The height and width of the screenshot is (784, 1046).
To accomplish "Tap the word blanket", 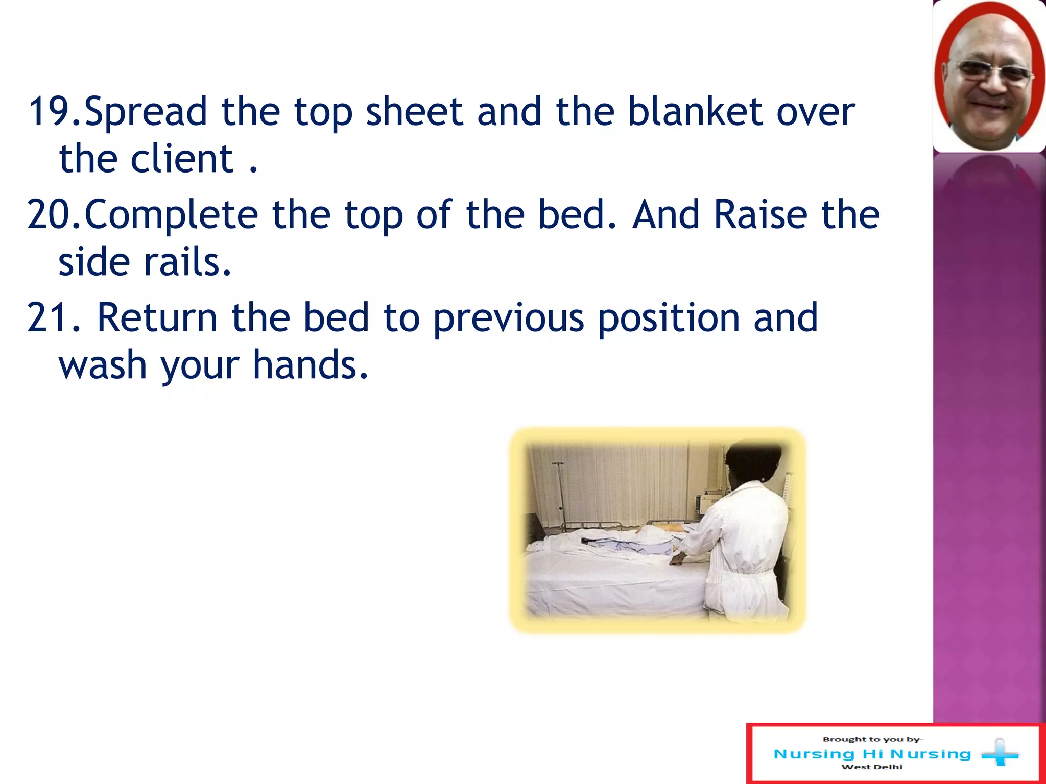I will pos(695,111).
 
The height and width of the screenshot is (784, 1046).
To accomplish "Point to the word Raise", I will pos(760,214).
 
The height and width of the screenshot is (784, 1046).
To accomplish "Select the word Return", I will pos(157,317).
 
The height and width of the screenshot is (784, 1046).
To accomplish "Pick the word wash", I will pos(103,365).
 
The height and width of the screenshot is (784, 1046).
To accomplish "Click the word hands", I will pos(310,365).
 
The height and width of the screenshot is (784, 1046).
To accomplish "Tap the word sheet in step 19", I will pos(414,111).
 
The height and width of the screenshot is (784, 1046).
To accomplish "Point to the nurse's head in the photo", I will pos(753,462).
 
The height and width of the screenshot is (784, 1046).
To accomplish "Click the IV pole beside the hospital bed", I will pos(560,495).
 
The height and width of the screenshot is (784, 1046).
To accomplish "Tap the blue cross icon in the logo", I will pos(1000,752).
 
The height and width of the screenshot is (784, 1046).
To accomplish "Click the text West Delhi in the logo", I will pos(872,767).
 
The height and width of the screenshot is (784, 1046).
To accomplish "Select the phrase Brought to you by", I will pos(872,739).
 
